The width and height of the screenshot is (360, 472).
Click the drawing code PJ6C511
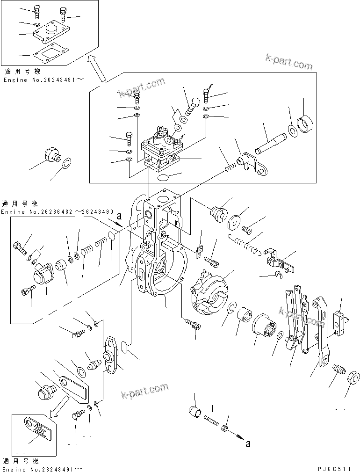336,468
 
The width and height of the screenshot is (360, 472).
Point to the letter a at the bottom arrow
248,443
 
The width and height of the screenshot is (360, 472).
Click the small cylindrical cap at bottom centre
194,411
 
